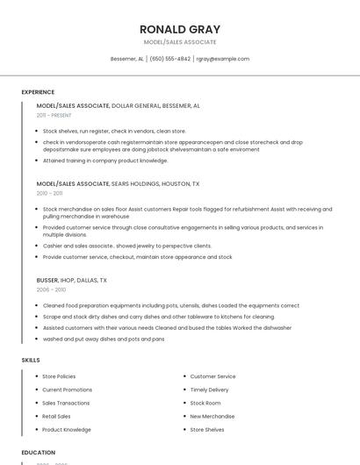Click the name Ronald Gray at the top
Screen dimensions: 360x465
[x=180, y=29]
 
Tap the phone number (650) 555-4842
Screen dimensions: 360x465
[x=169, y=59]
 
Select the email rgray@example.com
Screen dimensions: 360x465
[x=223, y=59]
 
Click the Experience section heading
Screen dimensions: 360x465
[x=38, y=92]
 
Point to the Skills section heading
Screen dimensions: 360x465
[x=30, y=360]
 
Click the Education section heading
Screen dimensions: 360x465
[x=38, y=452]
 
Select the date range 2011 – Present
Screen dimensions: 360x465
[x=54, y=115]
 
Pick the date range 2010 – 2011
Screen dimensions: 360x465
[x=49, y=193]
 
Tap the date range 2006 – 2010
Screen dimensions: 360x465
[x=51, y=290]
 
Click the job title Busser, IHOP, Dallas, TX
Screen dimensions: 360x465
[x=71, y=280]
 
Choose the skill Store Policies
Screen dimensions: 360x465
[x=59, y=376]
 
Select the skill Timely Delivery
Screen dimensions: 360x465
[x=209, y=390]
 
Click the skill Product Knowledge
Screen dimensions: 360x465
[x=66, y=430]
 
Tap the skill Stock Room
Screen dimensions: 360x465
[x=205, y=403]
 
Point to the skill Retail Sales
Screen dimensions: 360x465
[x=56, y=416]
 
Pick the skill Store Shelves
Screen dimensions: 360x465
[x=207, y=430]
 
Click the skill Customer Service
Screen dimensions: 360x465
[x=212, y=376]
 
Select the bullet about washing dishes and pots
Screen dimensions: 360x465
[x=104, y=339]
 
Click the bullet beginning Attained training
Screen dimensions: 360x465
[x=105, y=161]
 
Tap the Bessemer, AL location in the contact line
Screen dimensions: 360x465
[x=126, y=59]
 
